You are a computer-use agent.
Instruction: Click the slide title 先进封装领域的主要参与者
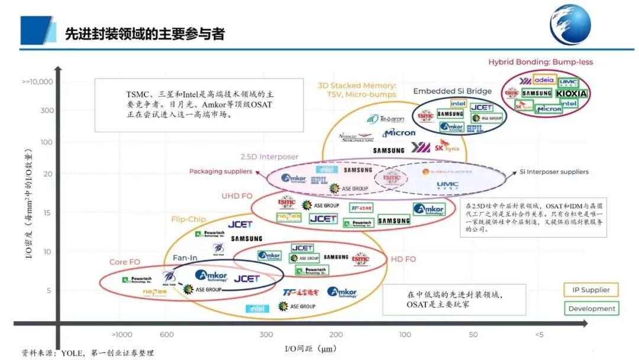(144, 34)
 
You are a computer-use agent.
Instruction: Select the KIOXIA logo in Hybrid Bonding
(572, 94)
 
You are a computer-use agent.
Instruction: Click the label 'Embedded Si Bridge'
(452, 91)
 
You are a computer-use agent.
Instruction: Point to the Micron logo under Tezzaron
(399, 133)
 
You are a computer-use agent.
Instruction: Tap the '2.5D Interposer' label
(269, 157)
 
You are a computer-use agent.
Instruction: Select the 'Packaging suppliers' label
(221, 172)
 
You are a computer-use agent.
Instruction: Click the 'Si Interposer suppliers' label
(554, 172)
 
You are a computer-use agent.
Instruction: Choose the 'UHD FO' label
(237, 196)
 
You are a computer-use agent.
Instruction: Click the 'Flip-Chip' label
(188, 219)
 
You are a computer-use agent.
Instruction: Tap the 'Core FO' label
(124, 262)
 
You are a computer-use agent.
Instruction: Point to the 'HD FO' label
(403, 259)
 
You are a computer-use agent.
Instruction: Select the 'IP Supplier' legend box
(591, 290)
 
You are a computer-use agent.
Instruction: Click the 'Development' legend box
(591, 308)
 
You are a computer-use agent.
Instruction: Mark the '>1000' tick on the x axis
(122, 335)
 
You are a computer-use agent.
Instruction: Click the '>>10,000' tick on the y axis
(37, 82)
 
